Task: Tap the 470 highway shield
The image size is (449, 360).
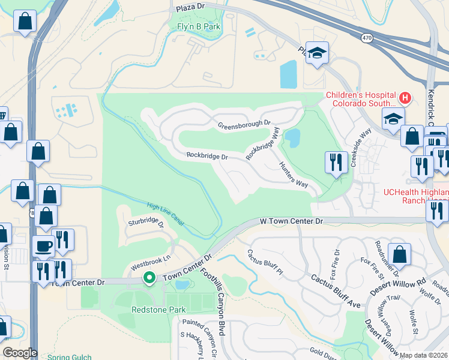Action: coord(366,38)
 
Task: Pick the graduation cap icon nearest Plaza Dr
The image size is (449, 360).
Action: coord(316,52)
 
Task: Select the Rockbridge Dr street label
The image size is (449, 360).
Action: coord(207,156)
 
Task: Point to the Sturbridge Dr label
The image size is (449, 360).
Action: coord(146,223)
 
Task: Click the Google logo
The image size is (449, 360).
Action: coord(20,353)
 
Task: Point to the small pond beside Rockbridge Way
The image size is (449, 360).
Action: coord(292,139)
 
